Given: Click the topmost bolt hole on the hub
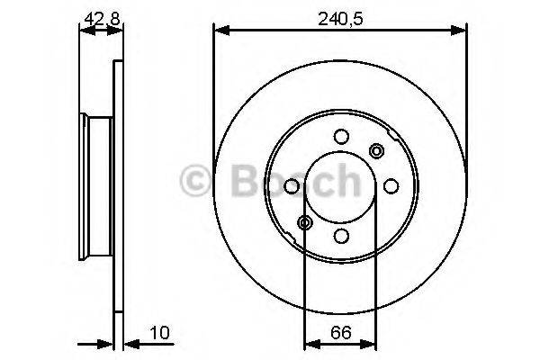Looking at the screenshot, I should (340, 137).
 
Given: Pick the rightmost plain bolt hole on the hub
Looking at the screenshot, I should (390, 186).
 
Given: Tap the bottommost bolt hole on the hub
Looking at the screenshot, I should (340, 236).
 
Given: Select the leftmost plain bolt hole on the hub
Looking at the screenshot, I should (291, 186).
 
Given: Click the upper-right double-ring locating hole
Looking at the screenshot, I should (375, 150).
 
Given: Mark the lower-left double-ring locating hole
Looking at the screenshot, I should (305, 222).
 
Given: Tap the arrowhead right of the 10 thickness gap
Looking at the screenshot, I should (128, 343).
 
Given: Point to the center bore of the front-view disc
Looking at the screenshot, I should (339, 186).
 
